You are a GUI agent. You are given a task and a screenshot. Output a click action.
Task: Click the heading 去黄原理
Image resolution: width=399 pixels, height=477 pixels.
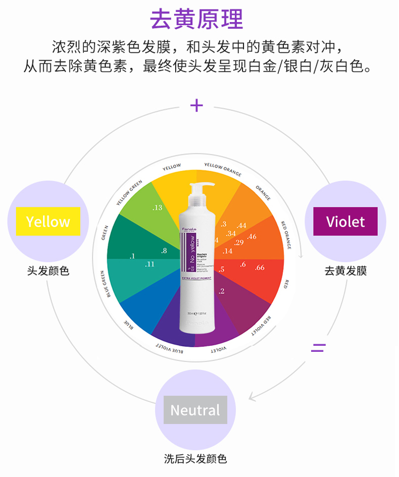click(x=196, y=19)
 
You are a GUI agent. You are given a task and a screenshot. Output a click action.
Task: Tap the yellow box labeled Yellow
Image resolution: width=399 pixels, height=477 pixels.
click(x=48, y=221)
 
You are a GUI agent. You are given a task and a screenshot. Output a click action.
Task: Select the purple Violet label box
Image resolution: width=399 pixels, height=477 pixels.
click(x=345, y=221)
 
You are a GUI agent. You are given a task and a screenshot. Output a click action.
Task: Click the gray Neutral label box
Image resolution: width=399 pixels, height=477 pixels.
click(x=195, y=410)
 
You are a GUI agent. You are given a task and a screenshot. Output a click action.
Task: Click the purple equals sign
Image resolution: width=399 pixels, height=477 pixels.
click(x=318, y=347)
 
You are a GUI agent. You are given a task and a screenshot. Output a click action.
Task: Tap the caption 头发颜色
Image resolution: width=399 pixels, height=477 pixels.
click(x=48, y=271)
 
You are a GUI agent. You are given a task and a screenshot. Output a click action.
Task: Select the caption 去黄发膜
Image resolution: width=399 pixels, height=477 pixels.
click(x=345, y=271)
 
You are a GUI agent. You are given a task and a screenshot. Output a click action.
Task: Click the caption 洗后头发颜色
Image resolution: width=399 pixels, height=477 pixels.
click(x=195, y=459)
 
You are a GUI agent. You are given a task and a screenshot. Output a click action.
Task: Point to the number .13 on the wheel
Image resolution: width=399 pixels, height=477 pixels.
click(x=157, y=207)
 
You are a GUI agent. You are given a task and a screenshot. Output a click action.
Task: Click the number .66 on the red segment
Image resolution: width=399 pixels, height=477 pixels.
click(x=260, y=267)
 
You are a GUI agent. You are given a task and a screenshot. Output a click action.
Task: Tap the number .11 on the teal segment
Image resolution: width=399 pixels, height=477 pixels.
click(x=149, y=263)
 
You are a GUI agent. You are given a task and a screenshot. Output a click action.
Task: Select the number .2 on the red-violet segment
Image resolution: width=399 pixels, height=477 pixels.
click(x=221, y=291)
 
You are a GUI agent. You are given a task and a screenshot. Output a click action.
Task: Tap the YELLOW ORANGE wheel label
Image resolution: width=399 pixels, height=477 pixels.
click(x=223, y=169)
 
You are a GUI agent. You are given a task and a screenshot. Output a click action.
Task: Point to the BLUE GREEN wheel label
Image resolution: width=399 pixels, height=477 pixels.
click(x=112, y=284)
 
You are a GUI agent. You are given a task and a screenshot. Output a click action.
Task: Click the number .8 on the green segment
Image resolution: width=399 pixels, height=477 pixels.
click(x=164, y=250)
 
